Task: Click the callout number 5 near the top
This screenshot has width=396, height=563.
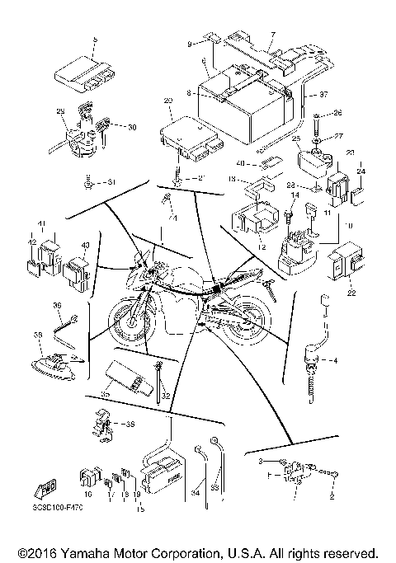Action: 96,39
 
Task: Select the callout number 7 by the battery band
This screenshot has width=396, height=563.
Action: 273,35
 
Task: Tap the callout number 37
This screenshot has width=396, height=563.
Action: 324,93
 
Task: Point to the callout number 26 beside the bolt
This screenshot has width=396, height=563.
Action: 336,112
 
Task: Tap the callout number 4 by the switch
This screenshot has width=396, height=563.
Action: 334,360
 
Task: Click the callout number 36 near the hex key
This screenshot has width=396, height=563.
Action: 57,305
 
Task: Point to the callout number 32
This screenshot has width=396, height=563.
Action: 166,396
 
